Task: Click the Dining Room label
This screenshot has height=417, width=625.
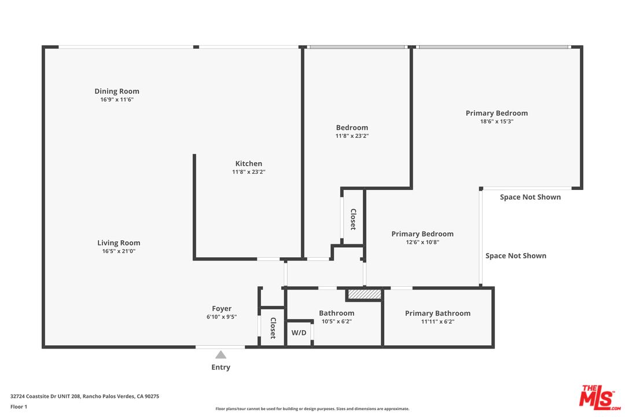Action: click(117, 91)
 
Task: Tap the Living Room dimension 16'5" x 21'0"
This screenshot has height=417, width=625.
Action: click(119, 251)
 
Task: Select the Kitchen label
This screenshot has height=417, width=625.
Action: click(248, 163)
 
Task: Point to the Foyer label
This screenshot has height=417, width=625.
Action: click(222, 309)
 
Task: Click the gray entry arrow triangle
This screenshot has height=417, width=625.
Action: click(220, 354)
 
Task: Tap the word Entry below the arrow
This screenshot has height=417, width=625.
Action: click(220, 367)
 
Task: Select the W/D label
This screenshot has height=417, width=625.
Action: click(299, 333)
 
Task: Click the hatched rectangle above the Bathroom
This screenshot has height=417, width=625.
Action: click(364, 295)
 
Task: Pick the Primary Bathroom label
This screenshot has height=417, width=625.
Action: click(437, 313)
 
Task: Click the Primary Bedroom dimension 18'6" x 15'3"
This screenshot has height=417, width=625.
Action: click(497, 122)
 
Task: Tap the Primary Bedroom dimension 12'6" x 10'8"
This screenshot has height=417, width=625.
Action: click(422, 243)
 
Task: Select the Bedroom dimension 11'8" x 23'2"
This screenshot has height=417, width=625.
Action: click(352, 136)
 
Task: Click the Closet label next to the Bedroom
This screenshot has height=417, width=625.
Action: click(353, 220)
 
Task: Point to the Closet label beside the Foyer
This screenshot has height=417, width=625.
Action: click(273, 328)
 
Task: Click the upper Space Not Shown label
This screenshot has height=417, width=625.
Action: click(530, 197)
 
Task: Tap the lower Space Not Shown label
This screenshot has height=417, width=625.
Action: click(516, 255)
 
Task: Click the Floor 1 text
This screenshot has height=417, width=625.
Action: click(19, 407)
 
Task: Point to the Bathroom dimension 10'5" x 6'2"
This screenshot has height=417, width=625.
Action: click(336, 321)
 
